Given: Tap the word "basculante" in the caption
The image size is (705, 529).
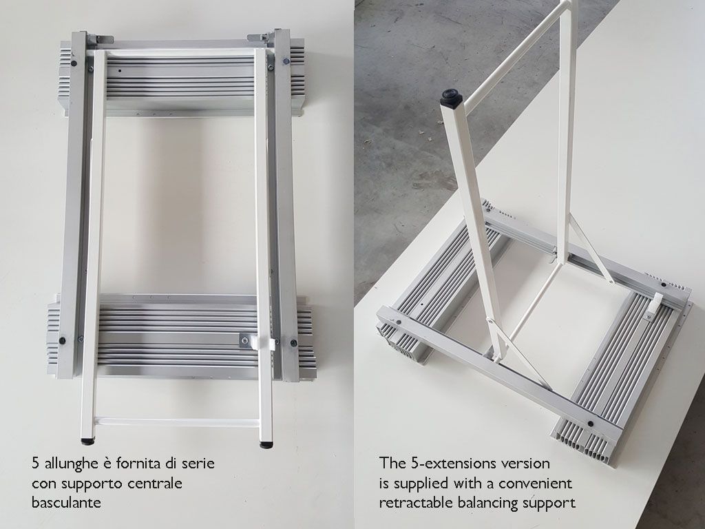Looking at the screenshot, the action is point(66,502).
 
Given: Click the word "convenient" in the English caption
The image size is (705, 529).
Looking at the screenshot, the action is point(535,483).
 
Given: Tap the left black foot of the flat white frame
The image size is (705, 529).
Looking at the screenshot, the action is point(87,442).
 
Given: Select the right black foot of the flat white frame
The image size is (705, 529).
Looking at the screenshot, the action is point(266,444).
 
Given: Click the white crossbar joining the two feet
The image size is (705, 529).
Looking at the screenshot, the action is point(177,422).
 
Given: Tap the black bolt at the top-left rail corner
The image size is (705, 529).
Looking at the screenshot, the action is point(73,63).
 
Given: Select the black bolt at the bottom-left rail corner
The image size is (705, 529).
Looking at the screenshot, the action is point(62,340).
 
